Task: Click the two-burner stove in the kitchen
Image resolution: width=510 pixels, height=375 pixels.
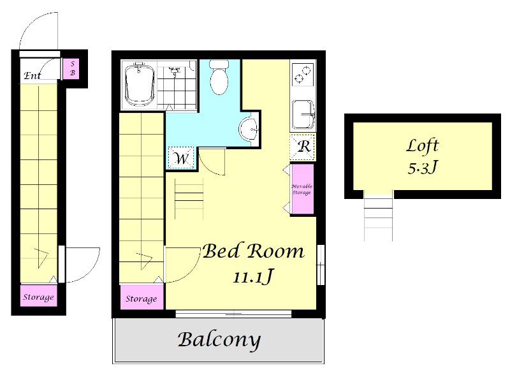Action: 303,75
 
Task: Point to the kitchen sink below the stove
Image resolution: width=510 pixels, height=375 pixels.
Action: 303,114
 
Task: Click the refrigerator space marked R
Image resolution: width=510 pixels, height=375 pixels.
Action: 303,147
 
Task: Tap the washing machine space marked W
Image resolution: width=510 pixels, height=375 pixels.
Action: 181,158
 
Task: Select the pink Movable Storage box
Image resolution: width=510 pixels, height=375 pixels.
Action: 302,189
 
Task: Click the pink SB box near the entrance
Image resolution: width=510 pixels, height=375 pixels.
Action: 72,68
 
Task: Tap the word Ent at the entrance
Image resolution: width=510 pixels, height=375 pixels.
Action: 33,76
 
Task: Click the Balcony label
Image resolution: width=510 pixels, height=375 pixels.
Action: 219,340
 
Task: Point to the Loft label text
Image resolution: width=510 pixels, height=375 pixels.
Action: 423,146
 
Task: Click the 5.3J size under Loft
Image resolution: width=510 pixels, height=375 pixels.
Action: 423,168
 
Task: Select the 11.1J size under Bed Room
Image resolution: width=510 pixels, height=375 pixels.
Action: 252,277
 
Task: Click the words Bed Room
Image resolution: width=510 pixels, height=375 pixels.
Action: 253,251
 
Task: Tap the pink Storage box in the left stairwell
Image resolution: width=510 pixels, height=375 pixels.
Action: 39,296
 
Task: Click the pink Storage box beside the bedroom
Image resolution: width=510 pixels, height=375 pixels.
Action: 142,297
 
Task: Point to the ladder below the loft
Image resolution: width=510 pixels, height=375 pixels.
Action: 378,216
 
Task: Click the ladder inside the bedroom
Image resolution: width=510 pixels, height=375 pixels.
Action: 189,199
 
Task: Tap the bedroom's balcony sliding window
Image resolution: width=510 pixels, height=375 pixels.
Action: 233,314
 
